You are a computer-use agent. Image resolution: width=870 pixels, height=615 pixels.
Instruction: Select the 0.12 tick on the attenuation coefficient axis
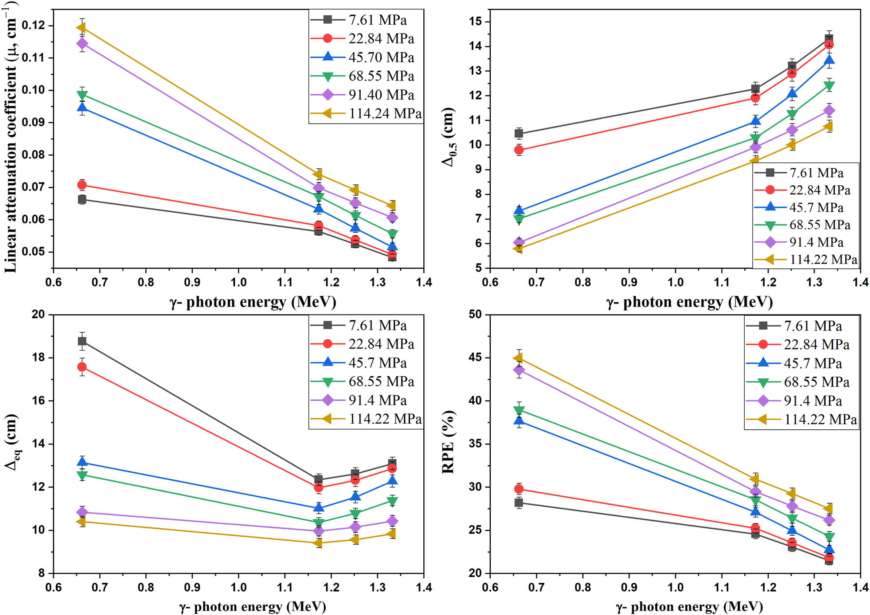point(33,25)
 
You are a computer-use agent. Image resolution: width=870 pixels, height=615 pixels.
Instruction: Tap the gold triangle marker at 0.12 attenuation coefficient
point(81,27)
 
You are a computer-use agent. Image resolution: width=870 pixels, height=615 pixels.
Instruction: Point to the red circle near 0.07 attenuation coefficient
point(82,185)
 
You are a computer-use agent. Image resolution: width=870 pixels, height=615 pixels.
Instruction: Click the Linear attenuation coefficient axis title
point(10,139)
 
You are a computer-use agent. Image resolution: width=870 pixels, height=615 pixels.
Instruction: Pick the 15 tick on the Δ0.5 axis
point(474,21)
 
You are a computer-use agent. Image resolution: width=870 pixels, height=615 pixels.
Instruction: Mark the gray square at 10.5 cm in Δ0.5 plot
point(519,134)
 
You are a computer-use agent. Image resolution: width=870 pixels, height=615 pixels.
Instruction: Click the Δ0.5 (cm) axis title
point(448,137)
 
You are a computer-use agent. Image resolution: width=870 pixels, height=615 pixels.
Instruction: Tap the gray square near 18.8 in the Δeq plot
point(82,341)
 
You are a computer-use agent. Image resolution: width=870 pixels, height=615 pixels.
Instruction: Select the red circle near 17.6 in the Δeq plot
point(82,367)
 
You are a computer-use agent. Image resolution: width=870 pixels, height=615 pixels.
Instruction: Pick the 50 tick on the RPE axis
point(475,314)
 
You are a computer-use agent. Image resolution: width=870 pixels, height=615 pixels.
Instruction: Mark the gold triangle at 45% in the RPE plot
point(518,358)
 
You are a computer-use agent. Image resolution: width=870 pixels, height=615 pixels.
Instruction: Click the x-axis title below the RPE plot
point(689,607)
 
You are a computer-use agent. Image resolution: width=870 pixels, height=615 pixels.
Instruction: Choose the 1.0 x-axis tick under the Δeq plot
point(238,587)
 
